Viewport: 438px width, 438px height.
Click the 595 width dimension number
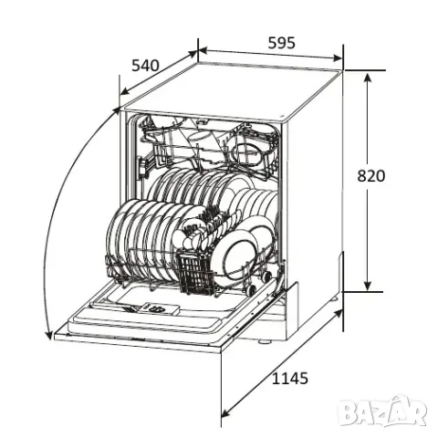(x=281, y=43)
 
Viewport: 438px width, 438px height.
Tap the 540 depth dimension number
(x=145, y=66)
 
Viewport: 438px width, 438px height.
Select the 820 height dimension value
(x=370, y=176)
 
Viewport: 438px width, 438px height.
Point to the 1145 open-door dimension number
(x=289, y=379)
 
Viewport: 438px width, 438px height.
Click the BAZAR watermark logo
(x=382, y=412)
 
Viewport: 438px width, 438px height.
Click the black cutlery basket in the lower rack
(x=195, y=272)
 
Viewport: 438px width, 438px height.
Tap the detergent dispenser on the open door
(x=157, y=309)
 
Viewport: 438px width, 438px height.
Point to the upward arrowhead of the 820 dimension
(x=368, y=78)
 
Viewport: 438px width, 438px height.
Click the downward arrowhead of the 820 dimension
(x=368, y=286)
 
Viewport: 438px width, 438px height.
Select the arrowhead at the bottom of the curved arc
(x=48, y=334)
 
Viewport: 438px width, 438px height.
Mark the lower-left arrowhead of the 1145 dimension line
(x=225, y=412)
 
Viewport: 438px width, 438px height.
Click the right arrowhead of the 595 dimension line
(x=338, y=57)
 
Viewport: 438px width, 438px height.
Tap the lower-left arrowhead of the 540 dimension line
(x=124, y=91)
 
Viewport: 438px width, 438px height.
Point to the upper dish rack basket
(x=210, y=146)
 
